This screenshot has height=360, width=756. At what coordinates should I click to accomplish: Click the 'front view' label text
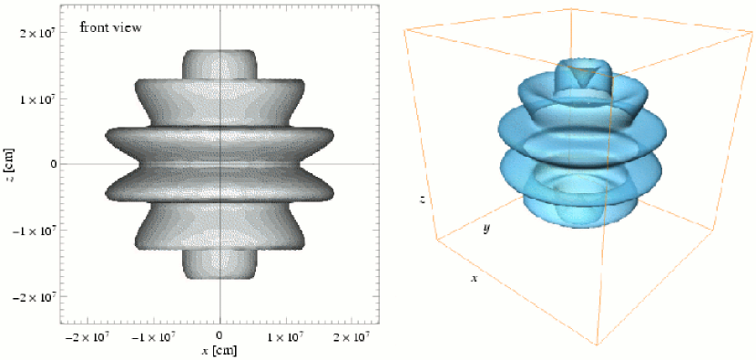(x=110, y=28)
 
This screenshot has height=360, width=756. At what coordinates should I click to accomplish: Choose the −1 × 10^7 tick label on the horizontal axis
(x=154, y=334)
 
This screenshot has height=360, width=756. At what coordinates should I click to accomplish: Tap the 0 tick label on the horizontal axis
(x=220, y=334)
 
